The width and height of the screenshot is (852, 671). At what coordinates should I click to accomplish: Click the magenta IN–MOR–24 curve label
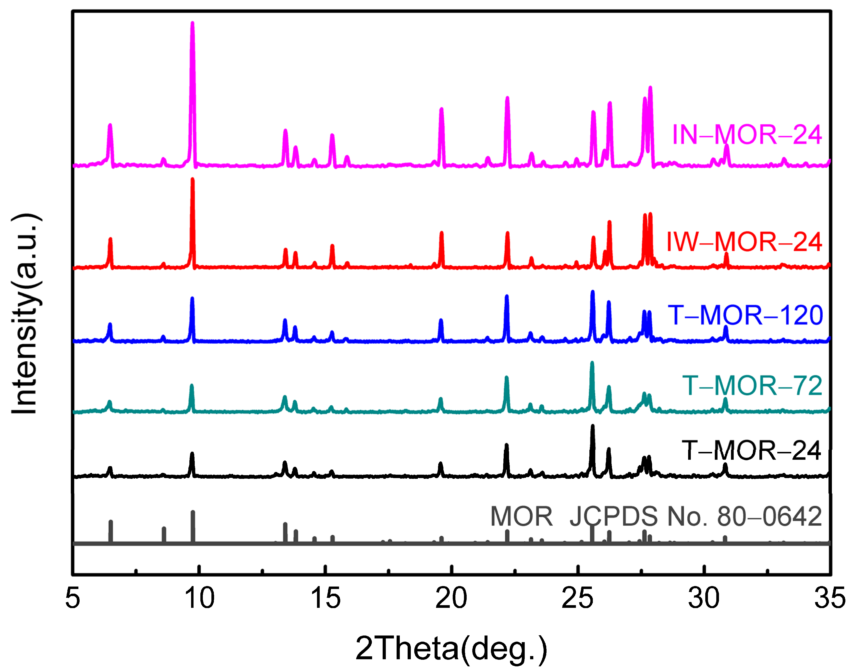(x=747, y=135)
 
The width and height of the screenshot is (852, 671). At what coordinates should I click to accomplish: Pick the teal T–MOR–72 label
(x=752, y=386)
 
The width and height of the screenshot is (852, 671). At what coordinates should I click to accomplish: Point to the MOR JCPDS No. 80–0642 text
(x=656, y=516)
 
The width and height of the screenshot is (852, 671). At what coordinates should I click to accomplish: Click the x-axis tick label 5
(x=73, y=598)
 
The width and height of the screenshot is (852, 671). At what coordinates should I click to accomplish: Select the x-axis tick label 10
(x=199, y=598)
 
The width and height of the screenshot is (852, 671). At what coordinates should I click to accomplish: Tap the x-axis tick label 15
(x=326, y=598)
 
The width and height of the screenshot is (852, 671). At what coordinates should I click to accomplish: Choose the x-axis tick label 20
(x=451, y=598)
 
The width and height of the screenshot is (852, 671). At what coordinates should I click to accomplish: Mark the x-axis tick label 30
(x=704, y=598)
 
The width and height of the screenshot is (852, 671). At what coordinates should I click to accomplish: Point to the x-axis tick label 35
(x=830, y=598)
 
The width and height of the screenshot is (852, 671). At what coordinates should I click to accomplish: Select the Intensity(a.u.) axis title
(x=25, y=314)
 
